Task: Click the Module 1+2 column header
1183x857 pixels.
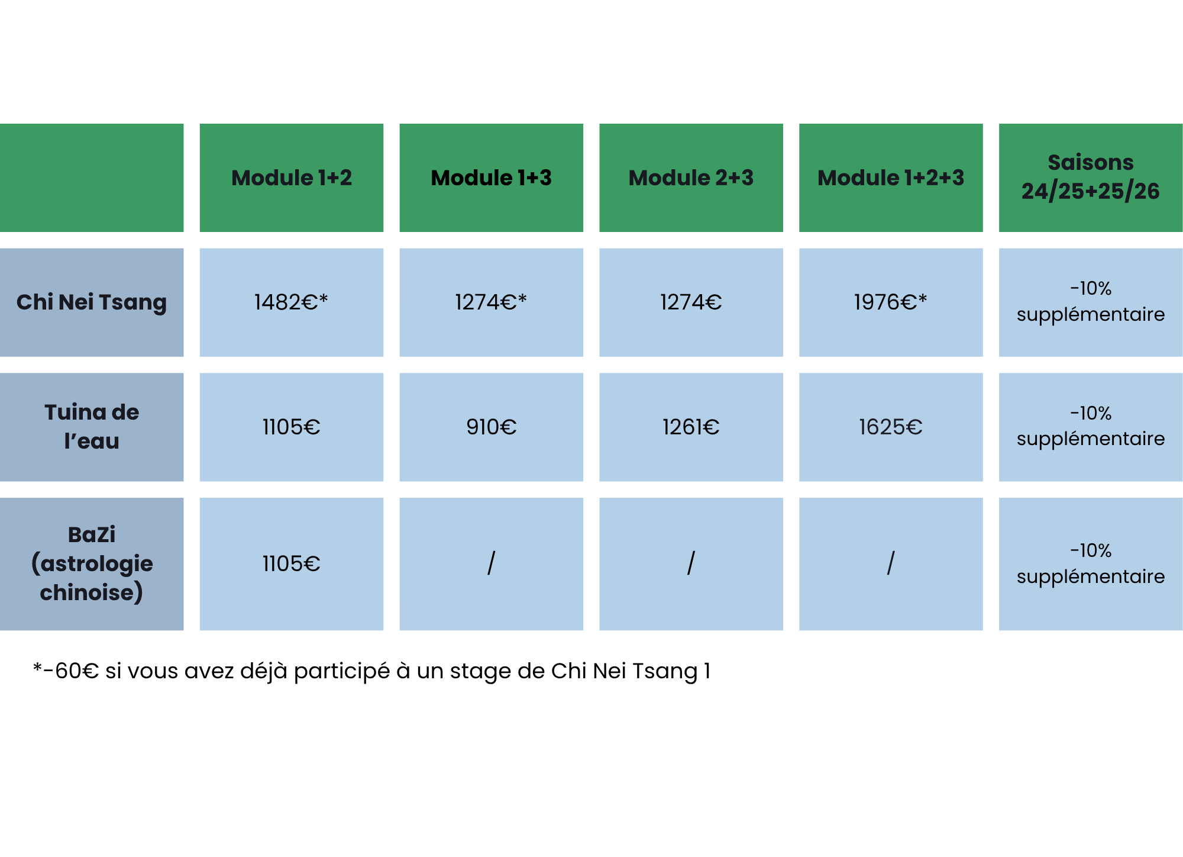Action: coord(292,178)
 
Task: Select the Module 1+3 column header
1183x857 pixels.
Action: coord(492,178)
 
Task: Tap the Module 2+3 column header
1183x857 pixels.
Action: coord(691,178)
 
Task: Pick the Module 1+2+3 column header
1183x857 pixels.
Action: coord(891,178)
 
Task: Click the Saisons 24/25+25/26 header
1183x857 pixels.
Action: coord(1091,178)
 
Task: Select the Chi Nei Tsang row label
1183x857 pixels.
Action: coord(92,302)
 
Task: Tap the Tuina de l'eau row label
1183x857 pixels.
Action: coord(92,427)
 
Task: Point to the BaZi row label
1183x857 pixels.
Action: coord(92,563)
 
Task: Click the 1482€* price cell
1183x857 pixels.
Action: coord(292,302)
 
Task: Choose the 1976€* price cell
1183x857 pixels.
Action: coord(891,302)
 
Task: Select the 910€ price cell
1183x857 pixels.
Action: coord(492,427)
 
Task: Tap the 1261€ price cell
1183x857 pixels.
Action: coord(691,427)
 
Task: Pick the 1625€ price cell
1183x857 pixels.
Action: coord(891,427)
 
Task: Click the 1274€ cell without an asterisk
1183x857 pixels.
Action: coord(691,302)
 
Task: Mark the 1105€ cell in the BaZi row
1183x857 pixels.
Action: coord(292,563)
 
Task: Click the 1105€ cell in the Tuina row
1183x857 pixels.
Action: coord(292,427)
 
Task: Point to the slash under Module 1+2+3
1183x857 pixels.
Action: coord(891,563)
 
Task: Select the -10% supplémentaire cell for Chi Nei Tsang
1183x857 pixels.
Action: coord(1091,302)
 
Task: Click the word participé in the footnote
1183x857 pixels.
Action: coord(342,672)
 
